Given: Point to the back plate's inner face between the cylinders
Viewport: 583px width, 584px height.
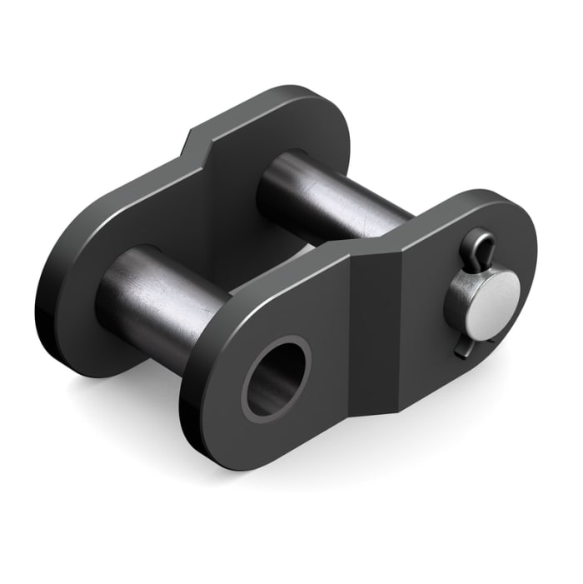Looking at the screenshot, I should click(x=217, y=225).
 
